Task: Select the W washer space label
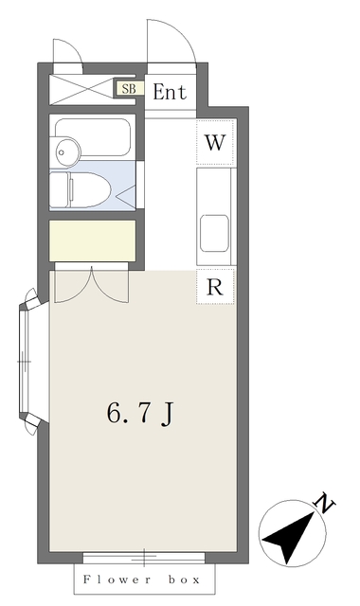pyautogui.click(x=215, y=144)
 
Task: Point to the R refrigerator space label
pyautogui.click(x=215, y=287)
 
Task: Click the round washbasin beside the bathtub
pyautogui.click(x=66, y=149)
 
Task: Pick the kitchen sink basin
pyautogui.click(x=213, y=229)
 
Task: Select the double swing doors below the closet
pyautogui.click(x=90, y=284)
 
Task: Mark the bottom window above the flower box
pyautogui.click(x=145, y=558)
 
